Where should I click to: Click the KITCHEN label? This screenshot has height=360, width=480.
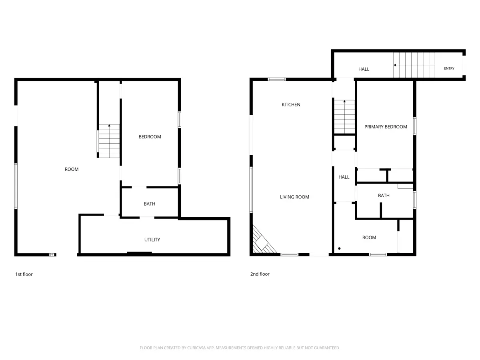[x=291, y=104]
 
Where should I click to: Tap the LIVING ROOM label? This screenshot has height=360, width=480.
[x=294, y=197]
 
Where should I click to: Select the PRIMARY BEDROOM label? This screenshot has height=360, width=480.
[x=386, y=126]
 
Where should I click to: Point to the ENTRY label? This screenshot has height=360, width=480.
[x=449, y=68]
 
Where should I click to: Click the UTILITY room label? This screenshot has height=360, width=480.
[x=152, y=240]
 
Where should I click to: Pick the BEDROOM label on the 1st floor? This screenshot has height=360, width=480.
[x=150, y=137]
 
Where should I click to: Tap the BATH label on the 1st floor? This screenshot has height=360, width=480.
[x=149, y=204]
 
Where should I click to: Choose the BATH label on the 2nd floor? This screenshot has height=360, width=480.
[x=384, y=196]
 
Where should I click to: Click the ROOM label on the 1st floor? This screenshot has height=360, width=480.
[x=72, y=169]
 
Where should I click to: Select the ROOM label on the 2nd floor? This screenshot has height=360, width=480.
[x=369, y=237]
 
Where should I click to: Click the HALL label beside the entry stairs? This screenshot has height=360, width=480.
[x=364, y=69]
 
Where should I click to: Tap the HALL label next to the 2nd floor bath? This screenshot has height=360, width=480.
[x=344, y=177]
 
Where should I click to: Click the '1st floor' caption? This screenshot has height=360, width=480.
[x=24, y=274]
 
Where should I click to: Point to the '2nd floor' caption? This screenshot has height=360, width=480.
[x=260, y=274]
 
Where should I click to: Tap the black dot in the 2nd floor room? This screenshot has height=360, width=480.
[x=339, y=248]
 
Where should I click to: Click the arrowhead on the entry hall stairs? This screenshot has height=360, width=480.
[x=395, y=65]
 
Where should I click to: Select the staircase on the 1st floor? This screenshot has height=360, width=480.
[x=109, y=141]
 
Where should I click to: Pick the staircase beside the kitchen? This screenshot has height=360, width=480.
[x=344, y=117]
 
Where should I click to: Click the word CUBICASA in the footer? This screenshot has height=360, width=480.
[x=196, y=348]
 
